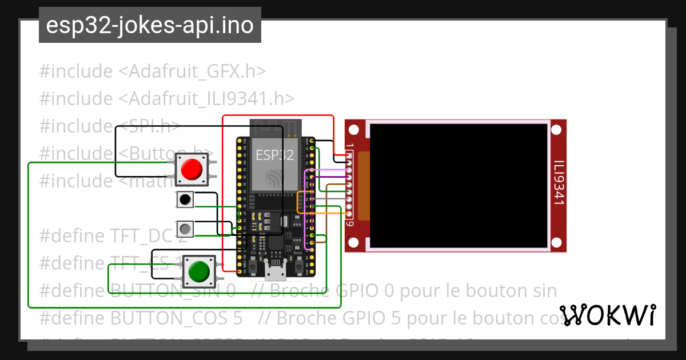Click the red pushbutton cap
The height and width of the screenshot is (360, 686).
[x=192, y=169]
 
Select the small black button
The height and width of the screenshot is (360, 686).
[x=185, y=199]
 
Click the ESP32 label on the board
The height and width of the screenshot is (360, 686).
[x=274, y=155]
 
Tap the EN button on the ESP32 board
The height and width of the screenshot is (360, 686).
[x=253, y=266]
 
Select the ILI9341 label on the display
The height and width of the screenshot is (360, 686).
[x=559, y=182]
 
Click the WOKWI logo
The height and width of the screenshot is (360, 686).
[x=608, y=315]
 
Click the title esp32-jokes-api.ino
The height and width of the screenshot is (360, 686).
[x=150, y=25]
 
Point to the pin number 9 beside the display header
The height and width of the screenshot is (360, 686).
[x=350, y=223]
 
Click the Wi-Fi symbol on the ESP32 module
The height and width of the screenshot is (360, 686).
[x=275, y=178]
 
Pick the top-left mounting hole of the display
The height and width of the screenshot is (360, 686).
[x=354, y=129]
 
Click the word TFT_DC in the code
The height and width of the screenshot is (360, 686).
[x=142, y=235]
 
